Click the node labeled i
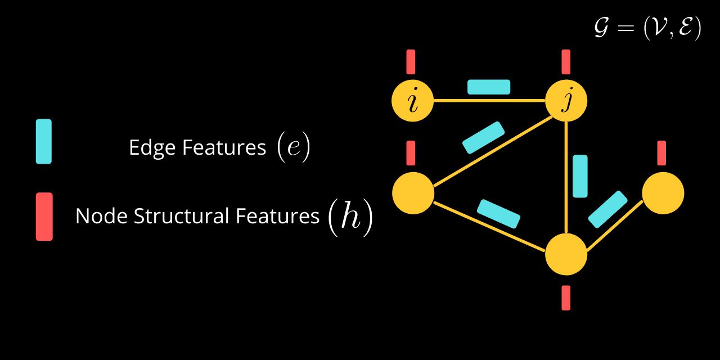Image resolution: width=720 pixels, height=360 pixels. (x=413, y=101)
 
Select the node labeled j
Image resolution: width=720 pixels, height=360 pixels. (x=566, y=101)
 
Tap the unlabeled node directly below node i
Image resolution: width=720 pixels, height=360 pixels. (x=413, y=193)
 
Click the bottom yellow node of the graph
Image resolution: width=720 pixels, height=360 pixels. (x=566, y=254)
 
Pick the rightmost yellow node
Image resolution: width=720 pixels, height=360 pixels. (x=663, y=193)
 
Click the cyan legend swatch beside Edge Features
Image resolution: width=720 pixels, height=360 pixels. (x=44, y=141)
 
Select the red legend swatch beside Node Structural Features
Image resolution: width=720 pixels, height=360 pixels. (x=44, y=217)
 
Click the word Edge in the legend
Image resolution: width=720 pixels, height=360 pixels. (x=152, y=148)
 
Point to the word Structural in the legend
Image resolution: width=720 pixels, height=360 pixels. (x=182, y=215)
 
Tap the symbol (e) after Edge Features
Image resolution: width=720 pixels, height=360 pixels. (x=294, y=147)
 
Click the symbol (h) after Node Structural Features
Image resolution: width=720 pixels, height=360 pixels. (x=350, y=217)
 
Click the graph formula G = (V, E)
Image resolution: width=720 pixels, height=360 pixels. (x=647, y=28)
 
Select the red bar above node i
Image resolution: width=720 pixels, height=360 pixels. (x=411, y=62)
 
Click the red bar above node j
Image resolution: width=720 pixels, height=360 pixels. (x=566, y=62)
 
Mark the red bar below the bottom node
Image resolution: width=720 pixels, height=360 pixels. (x=566, y=298)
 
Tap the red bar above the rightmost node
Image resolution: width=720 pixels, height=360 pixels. (x=661, y=153)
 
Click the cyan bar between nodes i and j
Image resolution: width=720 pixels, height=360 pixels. (x=489, y=87)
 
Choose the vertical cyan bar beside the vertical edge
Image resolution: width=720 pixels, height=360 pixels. (x=580, y=176)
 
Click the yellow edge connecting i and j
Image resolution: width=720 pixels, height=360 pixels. (x=489, y=101)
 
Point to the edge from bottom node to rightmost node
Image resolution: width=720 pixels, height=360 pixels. (x=615, y=226)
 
